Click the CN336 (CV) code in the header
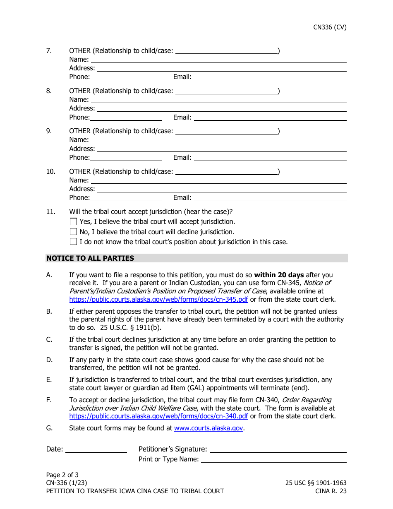pos(330,27)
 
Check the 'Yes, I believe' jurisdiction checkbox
pos(74,222)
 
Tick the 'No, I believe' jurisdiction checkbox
pos(74,232)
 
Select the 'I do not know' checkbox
pos(74,242)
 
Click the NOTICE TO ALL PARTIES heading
pos(90,258)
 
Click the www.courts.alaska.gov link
pos(208,428)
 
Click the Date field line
pos(96,449)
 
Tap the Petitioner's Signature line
pos(278,449)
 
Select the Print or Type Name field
pos(273,459)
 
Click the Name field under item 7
pos(218,59)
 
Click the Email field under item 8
pos(270,117)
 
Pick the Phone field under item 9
pos(126,157)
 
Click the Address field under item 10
pos(222,189)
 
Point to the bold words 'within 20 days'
pos(279,275)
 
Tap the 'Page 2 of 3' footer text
pos(62,475)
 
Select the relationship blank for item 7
pos(226,51)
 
